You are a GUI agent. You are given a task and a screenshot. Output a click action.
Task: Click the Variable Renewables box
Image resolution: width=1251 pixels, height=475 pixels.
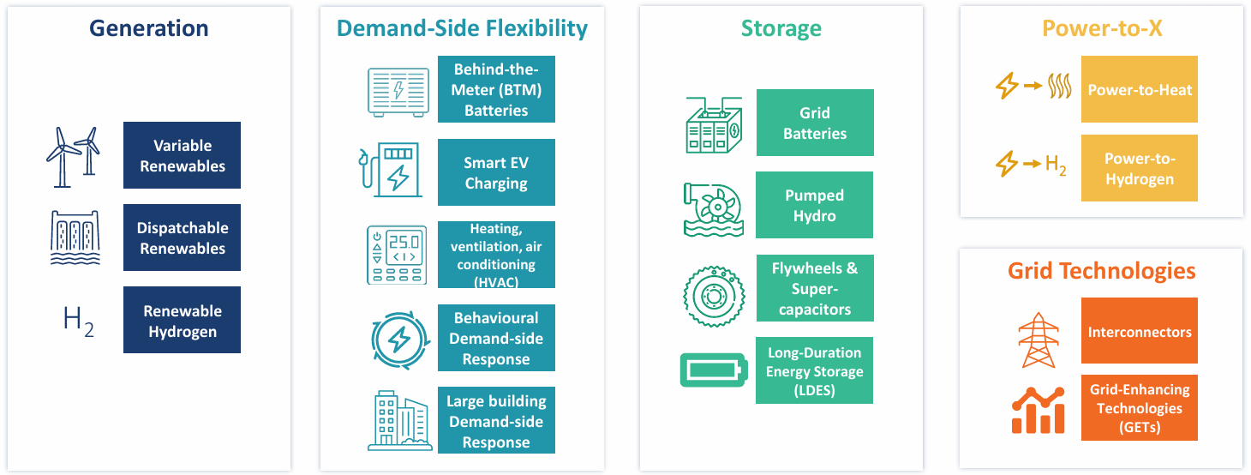182,155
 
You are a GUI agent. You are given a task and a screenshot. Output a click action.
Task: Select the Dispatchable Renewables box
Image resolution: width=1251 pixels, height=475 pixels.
182,237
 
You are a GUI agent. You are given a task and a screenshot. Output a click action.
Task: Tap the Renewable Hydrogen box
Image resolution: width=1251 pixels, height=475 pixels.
182,320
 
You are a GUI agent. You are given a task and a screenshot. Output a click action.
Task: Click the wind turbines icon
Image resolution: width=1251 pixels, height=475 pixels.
72,157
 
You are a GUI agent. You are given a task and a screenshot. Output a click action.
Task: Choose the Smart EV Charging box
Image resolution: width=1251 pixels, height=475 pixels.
496,172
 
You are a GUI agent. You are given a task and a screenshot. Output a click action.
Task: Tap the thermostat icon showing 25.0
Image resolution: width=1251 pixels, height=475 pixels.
397,255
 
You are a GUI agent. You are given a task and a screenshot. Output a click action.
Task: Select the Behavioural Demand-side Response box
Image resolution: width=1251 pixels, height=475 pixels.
496,338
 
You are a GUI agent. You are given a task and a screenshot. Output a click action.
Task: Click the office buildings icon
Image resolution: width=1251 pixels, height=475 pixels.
397,421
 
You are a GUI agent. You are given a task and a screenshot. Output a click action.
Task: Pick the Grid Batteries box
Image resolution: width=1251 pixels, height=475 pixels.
815,123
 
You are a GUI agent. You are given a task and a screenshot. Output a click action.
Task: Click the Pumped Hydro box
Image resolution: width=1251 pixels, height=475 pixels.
814,205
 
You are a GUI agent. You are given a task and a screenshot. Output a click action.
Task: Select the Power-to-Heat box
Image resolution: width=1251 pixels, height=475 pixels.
1140,89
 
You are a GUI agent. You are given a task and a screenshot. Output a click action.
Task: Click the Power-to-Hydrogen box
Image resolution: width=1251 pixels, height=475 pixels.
1140,168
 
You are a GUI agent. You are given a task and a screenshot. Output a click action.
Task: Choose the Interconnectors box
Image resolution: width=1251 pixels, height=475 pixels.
1140,331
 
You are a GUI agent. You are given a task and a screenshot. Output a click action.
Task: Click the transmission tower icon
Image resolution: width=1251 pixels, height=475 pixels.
1037,340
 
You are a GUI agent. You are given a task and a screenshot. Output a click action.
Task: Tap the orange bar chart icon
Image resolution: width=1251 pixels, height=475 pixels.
1038,409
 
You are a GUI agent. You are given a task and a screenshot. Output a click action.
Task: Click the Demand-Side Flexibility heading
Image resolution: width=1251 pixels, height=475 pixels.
462,28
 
